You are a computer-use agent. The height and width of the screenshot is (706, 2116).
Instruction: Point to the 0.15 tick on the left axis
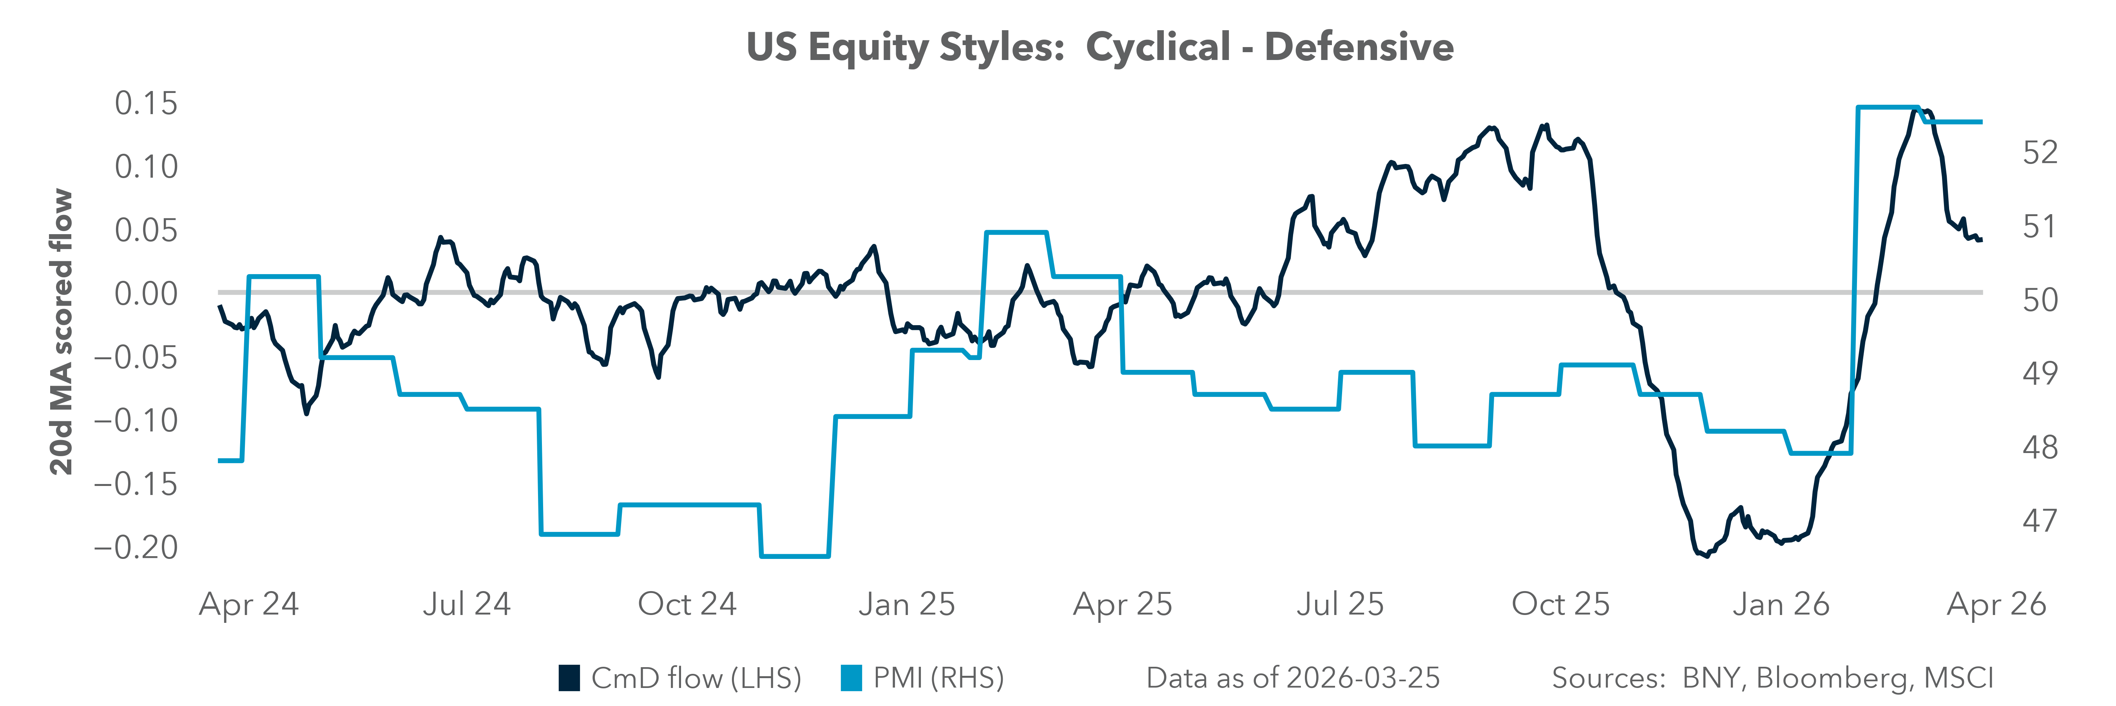pos(146,104)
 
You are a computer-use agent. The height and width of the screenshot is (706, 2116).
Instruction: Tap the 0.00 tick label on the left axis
pos(146,293)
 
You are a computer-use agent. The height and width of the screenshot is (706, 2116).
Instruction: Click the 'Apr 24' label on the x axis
pos(249,605)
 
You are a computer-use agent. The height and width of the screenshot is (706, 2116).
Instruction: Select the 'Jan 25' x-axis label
pos(907,605)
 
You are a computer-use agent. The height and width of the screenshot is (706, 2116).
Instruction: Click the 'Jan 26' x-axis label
pos(1781,605)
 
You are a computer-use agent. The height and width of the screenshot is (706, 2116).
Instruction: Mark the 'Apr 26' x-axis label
pos(1996,605)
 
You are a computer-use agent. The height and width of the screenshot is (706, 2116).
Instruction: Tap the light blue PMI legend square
pos(851,678)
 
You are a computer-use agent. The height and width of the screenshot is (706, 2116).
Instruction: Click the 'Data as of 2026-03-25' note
pos(1293,678)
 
